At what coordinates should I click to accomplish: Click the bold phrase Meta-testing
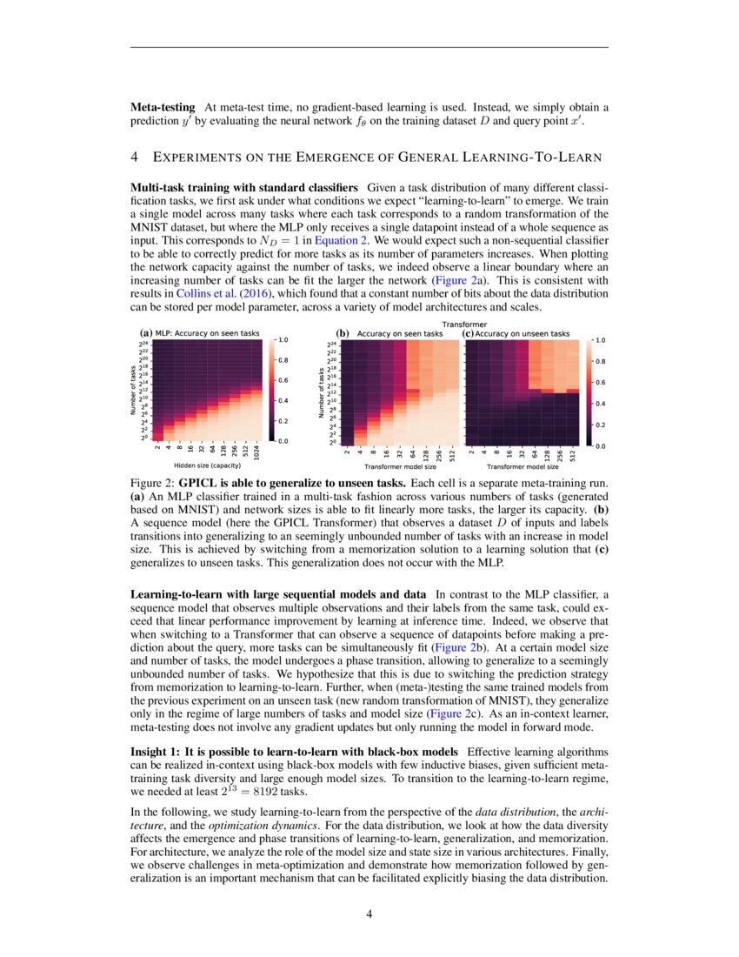click(x=162, y=107)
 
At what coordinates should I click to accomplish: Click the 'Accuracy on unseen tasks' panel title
click(x=522, y=333)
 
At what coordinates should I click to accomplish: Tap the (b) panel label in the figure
click(x=342, y=333)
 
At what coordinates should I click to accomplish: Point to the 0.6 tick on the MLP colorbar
click(x=283, y=380)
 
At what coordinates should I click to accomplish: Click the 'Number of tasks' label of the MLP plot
click(x=134, y=391)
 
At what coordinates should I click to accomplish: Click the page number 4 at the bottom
click(x=369, y=913)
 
